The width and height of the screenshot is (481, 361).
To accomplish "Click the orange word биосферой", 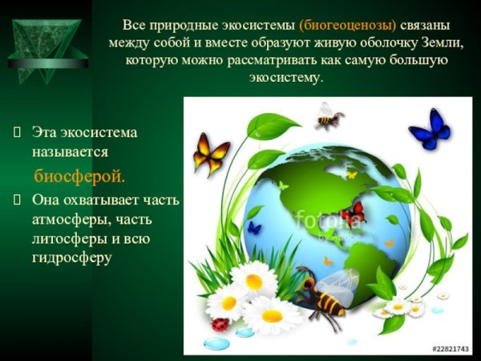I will point(79,175).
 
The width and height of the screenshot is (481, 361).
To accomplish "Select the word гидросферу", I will point(76,258).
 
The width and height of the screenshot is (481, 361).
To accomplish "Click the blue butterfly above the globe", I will point(429,128).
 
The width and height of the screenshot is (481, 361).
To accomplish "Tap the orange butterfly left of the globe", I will point(211,155).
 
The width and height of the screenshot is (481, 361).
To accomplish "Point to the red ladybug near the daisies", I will point(220,324).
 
